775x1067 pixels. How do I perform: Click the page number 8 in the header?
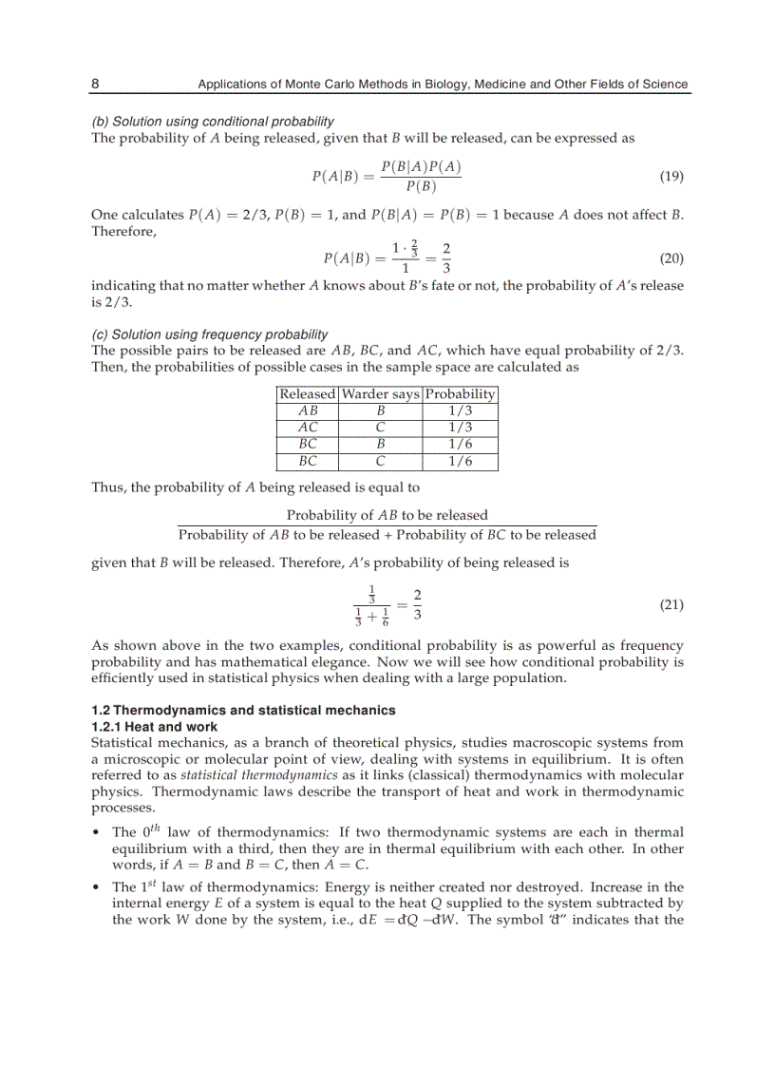95,84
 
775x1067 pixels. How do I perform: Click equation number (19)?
671,177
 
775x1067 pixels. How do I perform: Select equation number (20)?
671,258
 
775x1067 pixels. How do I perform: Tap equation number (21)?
671,605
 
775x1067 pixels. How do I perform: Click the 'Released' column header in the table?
308,394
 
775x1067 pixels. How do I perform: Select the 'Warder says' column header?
380,394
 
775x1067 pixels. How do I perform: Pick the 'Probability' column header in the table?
460,394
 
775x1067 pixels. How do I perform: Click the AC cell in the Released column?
308,428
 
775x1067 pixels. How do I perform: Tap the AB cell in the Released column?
308,410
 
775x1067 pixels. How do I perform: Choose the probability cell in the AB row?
460,410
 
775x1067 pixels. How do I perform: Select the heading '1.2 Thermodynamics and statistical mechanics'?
243,711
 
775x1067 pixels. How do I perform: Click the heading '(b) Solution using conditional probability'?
212,122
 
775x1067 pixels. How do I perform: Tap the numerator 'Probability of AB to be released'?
387,515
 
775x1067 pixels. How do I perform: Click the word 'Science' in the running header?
664,84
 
